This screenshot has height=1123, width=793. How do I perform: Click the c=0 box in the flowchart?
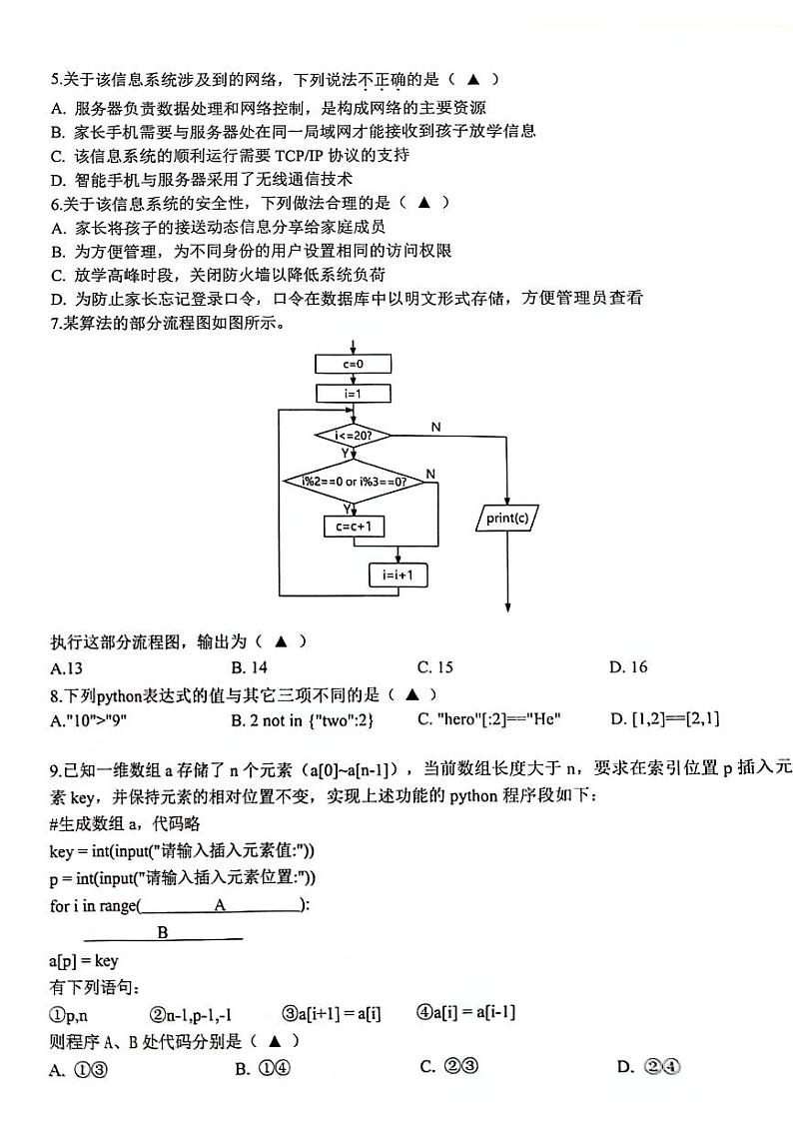coord(353,365)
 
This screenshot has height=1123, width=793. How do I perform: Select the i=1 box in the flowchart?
coord(353,394)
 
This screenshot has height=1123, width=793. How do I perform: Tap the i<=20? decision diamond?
coord(353,436)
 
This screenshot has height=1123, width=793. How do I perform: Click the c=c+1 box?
coord(354,527)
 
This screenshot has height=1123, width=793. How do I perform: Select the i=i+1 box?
coord(397,575)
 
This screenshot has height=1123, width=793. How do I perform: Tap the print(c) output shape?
coord(507,519)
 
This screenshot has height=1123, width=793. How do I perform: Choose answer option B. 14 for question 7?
coord(249,667)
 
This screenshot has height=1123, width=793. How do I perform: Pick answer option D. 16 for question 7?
coord(628,667)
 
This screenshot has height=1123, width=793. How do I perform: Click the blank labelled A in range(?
coord(221,905)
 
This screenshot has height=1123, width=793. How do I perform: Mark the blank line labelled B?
coord(163,934)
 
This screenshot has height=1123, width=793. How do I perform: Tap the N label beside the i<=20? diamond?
coord(435,427)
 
